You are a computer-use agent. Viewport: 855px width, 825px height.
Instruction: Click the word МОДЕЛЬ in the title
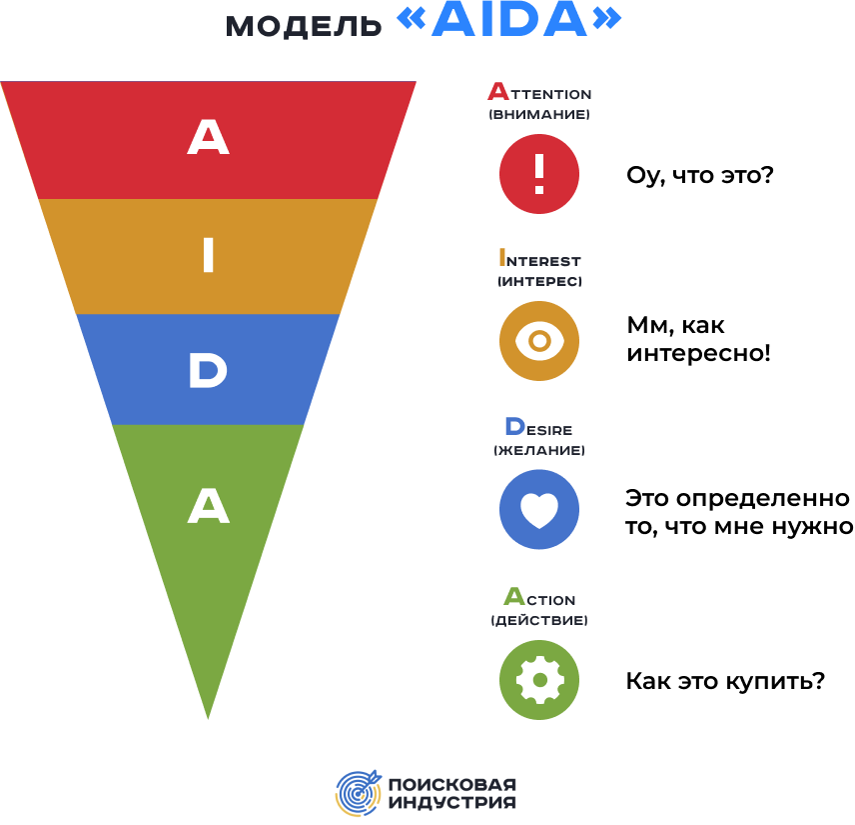(303, 25)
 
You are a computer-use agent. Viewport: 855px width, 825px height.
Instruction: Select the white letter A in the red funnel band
(208, 138)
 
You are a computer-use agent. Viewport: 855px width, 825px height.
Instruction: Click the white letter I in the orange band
(208, 257)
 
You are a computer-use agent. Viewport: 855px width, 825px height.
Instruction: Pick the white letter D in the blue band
(208, 372)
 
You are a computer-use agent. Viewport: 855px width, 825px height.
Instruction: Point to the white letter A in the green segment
(208, 507)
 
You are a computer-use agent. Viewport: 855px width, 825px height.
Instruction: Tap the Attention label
(538, 92)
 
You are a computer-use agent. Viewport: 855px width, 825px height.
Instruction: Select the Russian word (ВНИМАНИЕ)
(538, 115)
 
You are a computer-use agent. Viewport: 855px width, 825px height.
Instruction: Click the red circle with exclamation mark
(538, 174)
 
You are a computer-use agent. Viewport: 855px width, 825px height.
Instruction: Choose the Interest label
(538, 258)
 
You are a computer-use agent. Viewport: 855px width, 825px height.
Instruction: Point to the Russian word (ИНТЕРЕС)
(538, 282)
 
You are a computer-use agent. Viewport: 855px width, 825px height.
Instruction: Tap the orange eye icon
(538, 341)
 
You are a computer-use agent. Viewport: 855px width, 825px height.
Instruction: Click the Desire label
(538, 428)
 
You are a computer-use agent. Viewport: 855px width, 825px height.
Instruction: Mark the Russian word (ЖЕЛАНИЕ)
(538, 451)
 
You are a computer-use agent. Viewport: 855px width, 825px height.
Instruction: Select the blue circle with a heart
(538, 510)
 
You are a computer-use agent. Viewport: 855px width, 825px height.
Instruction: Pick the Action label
(538, 598)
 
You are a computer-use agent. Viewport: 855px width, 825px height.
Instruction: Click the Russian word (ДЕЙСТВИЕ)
(538, 621)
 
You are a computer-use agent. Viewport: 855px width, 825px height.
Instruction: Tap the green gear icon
(538, 680)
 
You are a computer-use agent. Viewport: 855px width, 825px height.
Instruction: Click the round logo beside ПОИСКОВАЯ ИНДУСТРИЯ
(358, 793)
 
